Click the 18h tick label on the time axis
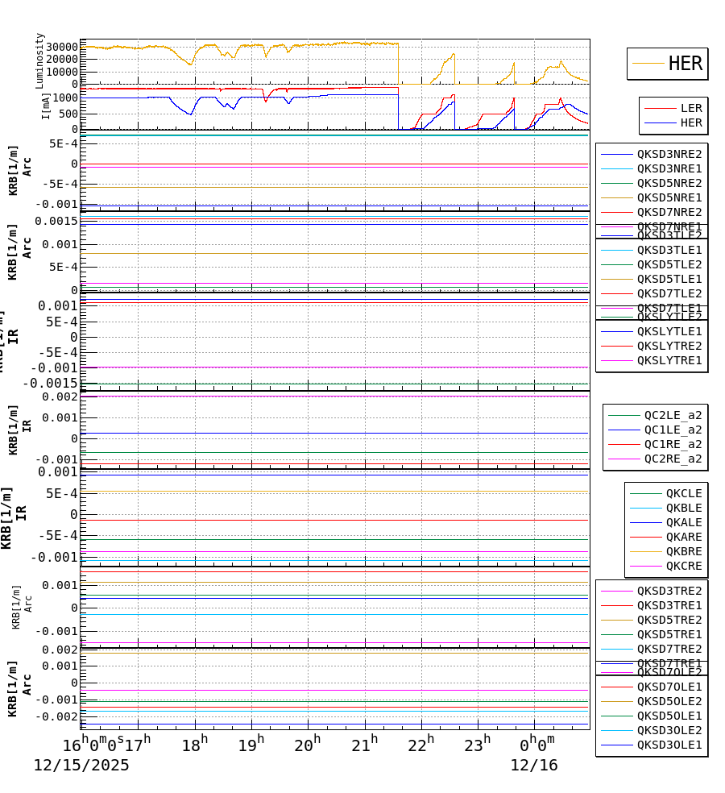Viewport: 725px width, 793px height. tap(194, 744)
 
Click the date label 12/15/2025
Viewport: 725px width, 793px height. tap(81, 766)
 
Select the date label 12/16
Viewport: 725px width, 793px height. tap(533, 766)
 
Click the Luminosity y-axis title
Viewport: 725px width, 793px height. tap(40, 60)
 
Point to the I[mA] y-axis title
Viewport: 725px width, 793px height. tap(46, 106)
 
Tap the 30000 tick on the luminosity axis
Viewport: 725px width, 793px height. tap(62, 46)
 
